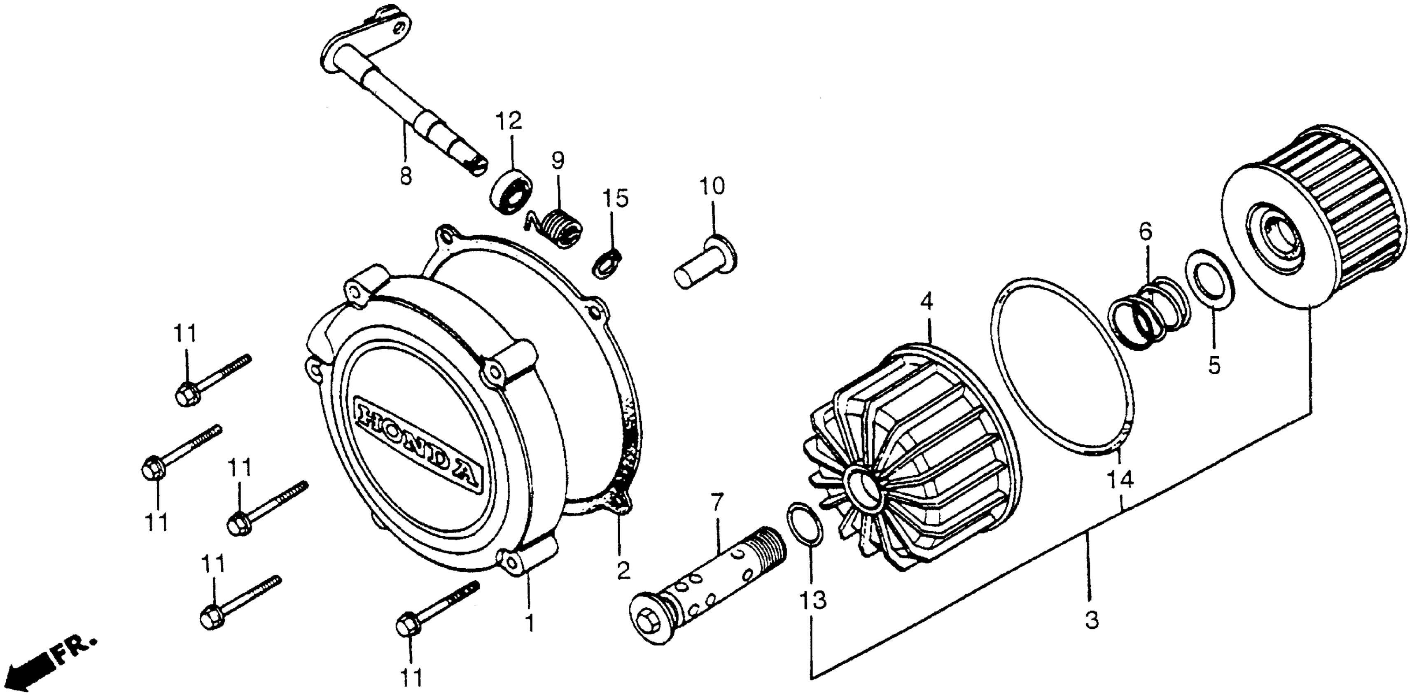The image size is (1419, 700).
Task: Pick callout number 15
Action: click(x=615, y=198)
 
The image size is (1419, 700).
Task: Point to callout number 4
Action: click(x=927, y=302)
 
